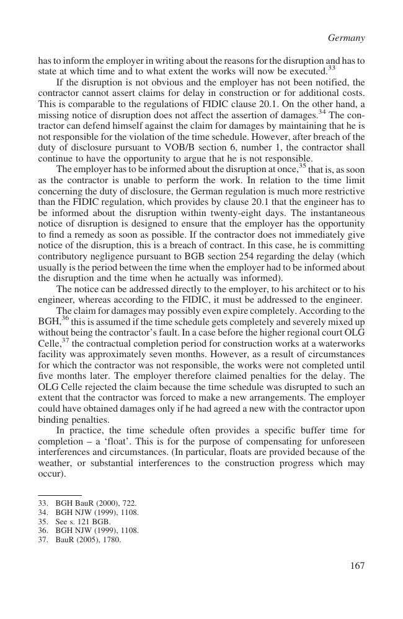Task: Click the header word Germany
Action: pos(346,38)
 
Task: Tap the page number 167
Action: pos(356,565)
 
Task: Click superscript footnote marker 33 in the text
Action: pos(332,68)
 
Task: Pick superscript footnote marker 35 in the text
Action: pos(303,166)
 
